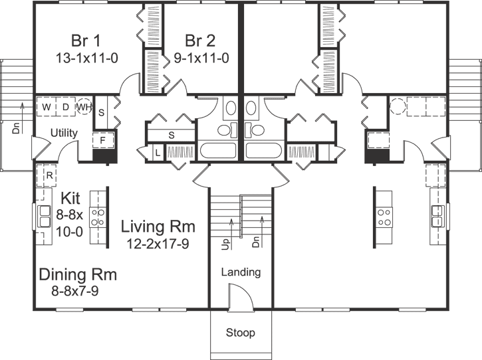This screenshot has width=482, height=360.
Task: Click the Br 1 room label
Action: coord(86,41)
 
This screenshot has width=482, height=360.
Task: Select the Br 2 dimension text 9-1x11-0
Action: coord(201,58)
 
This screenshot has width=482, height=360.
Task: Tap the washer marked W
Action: coord(46,107)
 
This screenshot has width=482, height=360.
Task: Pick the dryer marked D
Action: coord(65,107)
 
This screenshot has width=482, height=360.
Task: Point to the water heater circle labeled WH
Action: coord(84,107)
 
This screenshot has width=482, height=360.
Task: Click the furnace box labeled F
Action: coord(103,140)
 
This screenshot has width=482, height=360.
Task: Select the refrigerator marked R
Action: coord(47,175)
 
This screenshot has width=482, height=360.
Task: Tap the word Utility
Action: coord(64,133)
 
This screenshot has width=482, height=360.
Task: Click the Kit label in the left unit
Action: coord(70,198)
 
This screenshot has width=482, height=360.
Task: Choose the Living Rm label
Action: coord(158,226)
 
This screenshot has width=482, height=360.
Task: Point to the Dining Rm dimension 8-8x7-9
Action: coord(74,290)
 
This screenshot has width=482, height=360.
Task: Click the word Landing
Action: coord(241,272)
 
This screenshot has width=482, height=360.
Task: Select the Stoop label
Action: coord(241,332)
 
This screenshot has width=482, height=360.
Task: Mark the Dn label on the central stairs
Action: coord(256,242)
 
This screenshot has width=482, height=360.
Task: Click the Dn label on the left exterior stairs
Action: coord(16,128)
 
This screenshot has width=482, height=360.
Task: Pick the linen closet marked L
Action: coord(158,153)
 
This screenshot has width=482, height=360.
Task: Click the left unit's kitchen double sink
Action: coord(45,217)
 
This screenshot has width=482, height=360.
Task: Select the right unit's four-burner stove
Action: coord(384,217)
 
